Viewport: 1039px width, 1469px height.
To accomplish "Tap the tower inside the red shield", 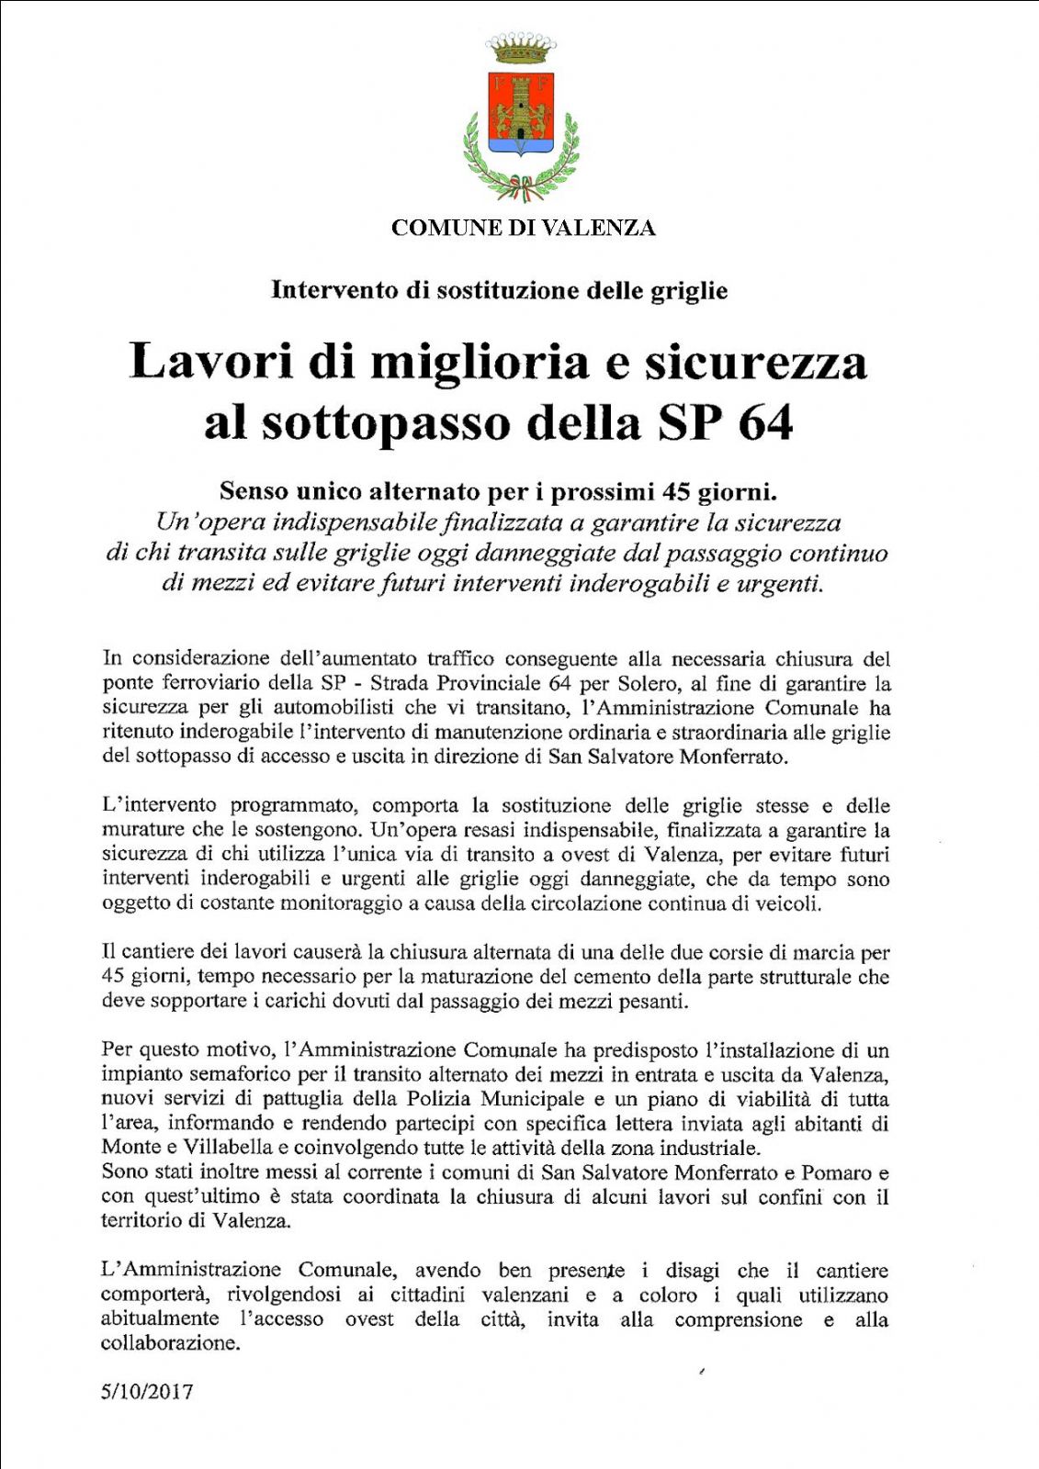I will tap(521, 104).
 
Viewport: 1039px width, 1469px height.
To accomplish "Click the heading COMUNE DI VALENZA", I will tap(523, 228).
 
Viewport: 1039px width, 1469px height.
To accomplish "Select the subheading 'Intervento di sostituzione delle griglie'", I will tap(499, 290).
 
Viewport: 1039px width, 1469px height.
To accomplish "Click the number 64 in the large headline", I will tap(764, 422).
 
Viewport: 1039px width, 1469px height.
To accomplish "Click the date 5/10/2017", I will tap(147, 1392).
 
